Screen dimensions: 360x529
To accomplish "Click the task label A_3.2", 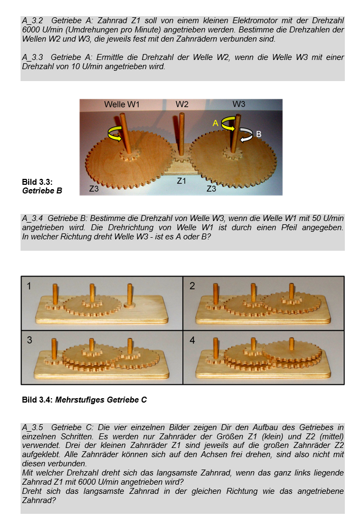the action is click(32, 21).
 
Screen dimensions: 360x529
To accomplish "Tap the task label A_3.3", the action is click(32, 57).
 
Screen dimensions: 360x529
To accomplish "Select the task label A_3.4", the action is click(32, 218).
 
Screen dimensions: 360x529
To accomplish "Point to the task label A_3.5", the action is click(32, 427).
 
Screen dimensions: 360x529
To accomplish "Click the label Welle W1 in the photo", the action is click(122, 104).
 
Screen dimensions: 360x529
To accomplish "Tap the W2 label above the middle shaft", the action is click(182, 104).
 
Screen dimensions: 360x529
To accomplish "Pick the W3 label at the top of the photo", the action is click(239, 104).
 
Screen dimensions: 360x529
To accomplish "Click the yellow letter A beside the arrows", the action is click(215, 124).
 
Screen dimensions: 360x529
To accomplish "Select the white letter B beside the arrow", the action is click(259, 134).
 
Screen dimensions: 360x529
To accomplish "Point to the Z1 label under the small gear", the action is click(182, 181).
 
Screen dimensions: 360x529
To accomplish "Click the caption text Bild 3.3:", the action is click(37, 182).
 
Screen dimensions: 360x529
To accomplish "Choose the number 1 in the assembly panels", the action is click(29, 286).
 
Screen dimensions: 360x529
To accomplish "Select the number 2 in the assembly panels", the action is click(192, 286).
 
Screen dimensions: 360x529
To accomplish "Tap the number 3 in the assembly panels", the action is click(29, 340).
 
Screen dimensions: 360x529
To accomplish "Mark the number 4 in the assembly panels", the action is click(192, 340).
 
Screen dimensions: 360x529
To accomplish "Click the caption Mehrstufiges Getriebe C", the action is click(101, 400).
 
